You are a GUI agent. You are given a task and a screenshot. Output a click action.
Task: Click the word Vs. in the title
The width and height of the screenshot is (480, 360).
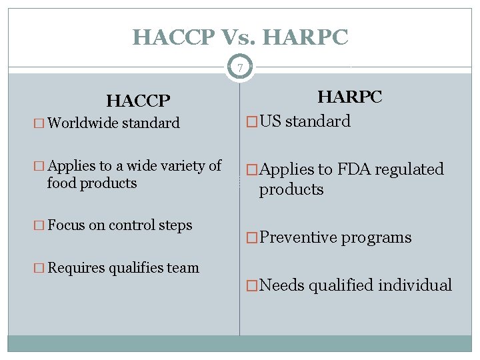pos(240,37)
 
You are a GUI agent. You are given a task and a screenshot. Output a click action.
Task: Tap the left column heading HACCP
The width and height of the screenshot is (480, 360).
pos(139,101)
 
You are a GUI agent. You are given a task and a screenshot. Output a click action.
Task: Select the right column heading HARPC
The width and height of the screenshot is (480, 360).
pos(349,97)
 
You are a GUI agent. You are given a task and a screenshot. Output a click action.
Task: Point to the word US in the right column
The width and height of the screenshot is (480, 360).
pos(271,121)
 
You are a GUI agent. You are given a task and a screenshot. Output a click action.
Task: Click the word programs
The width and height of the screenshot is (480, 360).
pos(377,238)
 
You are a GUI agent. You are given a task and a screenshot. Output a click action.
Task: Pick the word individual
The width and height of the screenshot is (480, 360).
pos(415,286)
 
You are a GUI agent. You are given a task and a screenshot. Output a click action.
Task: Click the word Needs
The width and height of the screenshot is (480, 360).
pos(283,286)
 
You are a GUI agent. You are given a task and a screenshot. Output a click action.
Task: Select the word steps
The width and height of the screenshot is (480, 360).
pos(175,225)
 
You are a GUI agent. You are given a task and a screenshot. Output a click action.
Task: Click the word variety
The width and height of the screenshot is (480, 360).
pos(175,166)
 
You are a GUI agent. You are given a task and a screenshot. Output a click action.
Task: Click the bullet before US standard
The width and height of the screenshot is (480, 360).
pos(251,121)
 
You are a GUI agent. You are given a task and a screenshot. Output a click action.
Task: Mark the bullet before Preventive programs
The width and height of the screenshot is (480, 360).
pos(251,238)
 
